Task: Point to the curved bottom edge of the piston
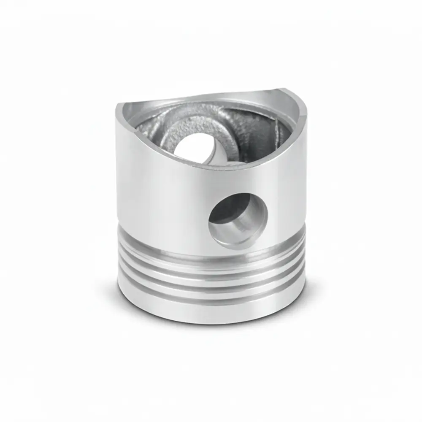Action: point(211,324)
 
